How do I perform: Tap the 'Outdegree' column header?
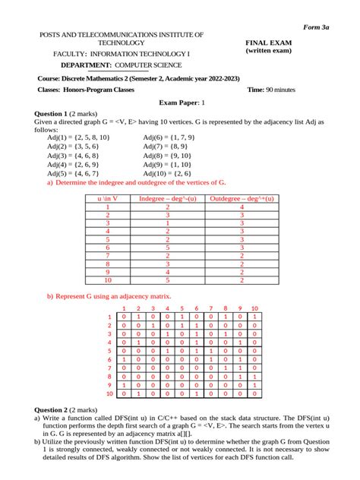click(242, 198)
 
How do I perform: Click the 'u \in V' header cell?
click(108, 198)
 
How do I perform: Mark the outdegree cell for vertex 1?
click(242, 207)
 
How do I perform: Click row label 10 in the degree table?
click(108, 279)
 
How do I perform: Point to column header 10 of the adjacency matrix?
click(254, 308)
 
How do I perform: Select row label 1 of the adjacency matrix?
click(110, 317)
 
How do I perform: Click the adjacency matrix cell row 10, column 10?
click(254, 394)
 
